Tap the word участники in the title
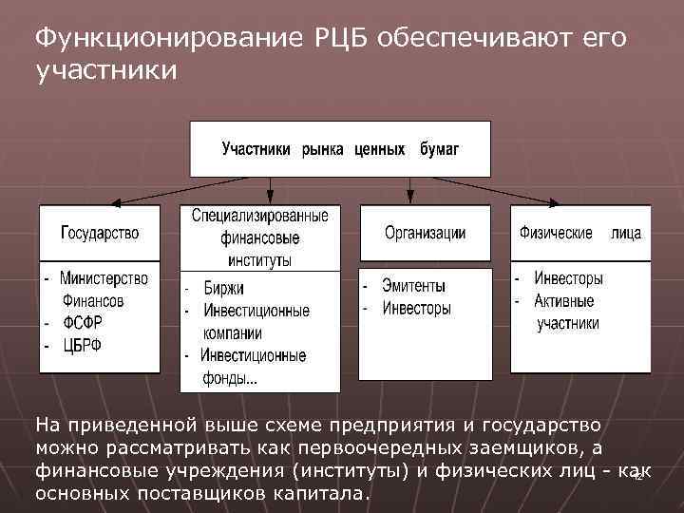pyautogui.click(x=104, y=71)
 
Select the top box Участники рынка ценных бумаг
pyautogui.click(x=340, y=149)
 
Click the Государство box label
pyautogui.click(x=100, y=233)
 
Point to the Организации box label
pyautogui.click(x=425, y=233)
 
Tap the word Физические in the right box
pyautogui.click(x=556, y=233)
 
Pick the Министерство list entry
pyautogui.click(x=104, y=278)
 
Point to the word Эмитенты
pyautogui.click(x=413, y=285)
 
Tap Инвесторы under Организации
pyautogui.click(x=416, y=308)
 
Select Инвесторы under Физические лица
pyautogui.click(x=568, y=279)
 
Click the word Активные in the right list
pyautogui.click(x=564, y=301)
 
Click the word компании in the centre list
pyautogui.click(x=233, y=333)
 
